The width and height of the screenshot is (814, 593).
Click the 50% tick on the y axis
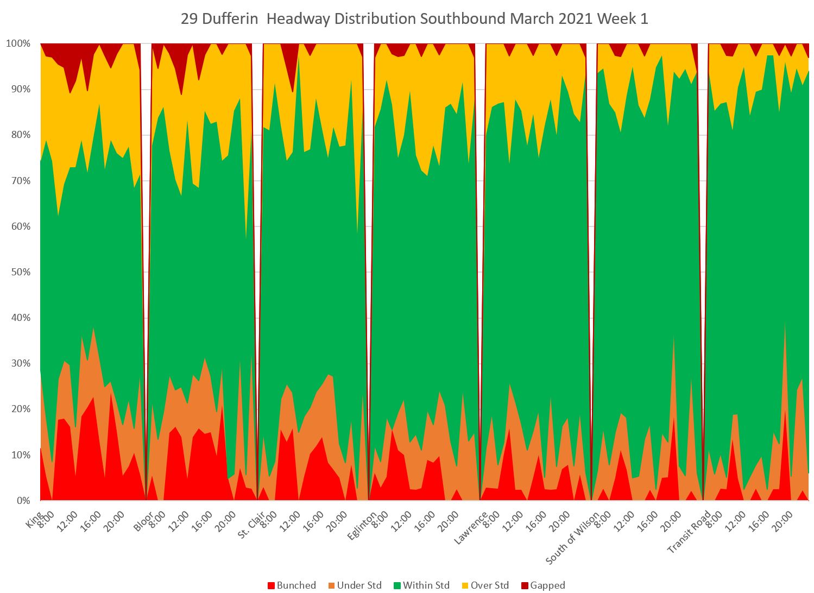tap(20, 272)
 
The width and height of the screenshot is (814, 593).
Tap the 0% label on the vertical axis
tap(22, 501)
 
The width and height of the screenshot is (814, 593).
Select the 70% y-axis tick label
tap(20, 181)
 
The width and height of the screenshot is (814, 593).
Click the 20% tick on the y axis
tap(20, 409)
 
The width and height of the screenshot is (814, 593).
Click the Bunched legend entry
tap(292, 585)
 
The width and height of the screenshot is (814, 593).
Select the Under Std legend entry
tap(355, 585)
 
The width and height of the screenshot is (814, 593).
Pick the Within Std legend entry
tap(421, 585)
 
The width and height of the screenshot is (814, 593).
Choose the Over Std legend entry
tap(485, 585)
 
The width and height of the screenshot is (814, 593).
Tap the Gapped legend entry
tap(542, 585)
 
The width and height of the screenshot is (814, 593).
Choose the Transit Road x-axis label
tap(689, 532)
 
